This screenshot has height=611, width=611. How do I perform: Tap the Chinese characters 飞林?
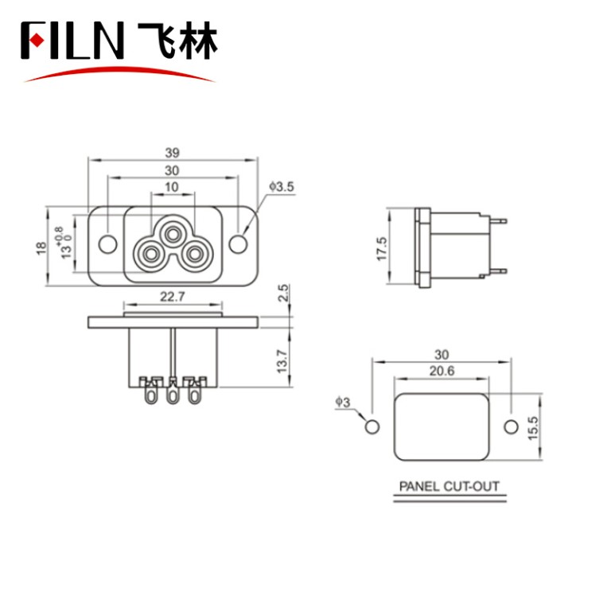click(177, 41)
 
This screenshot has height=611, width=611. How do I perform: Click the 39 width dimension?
click(173, 151)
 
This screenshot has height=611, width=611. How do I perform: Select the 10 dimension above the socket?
click(172, 187)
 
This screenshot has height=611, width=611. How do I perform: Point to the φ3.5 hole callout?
click(282, 187)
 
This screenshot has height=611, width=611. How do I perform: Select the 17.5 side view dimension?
click(382, 248)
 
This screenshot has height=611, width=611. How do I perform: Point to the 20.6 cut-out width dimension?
click(442, 372)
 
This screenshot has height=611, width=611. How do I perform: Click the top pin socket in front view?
click(172, 233)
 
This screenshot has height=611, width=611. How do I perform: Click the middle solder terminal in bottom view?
click(171, 391)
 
